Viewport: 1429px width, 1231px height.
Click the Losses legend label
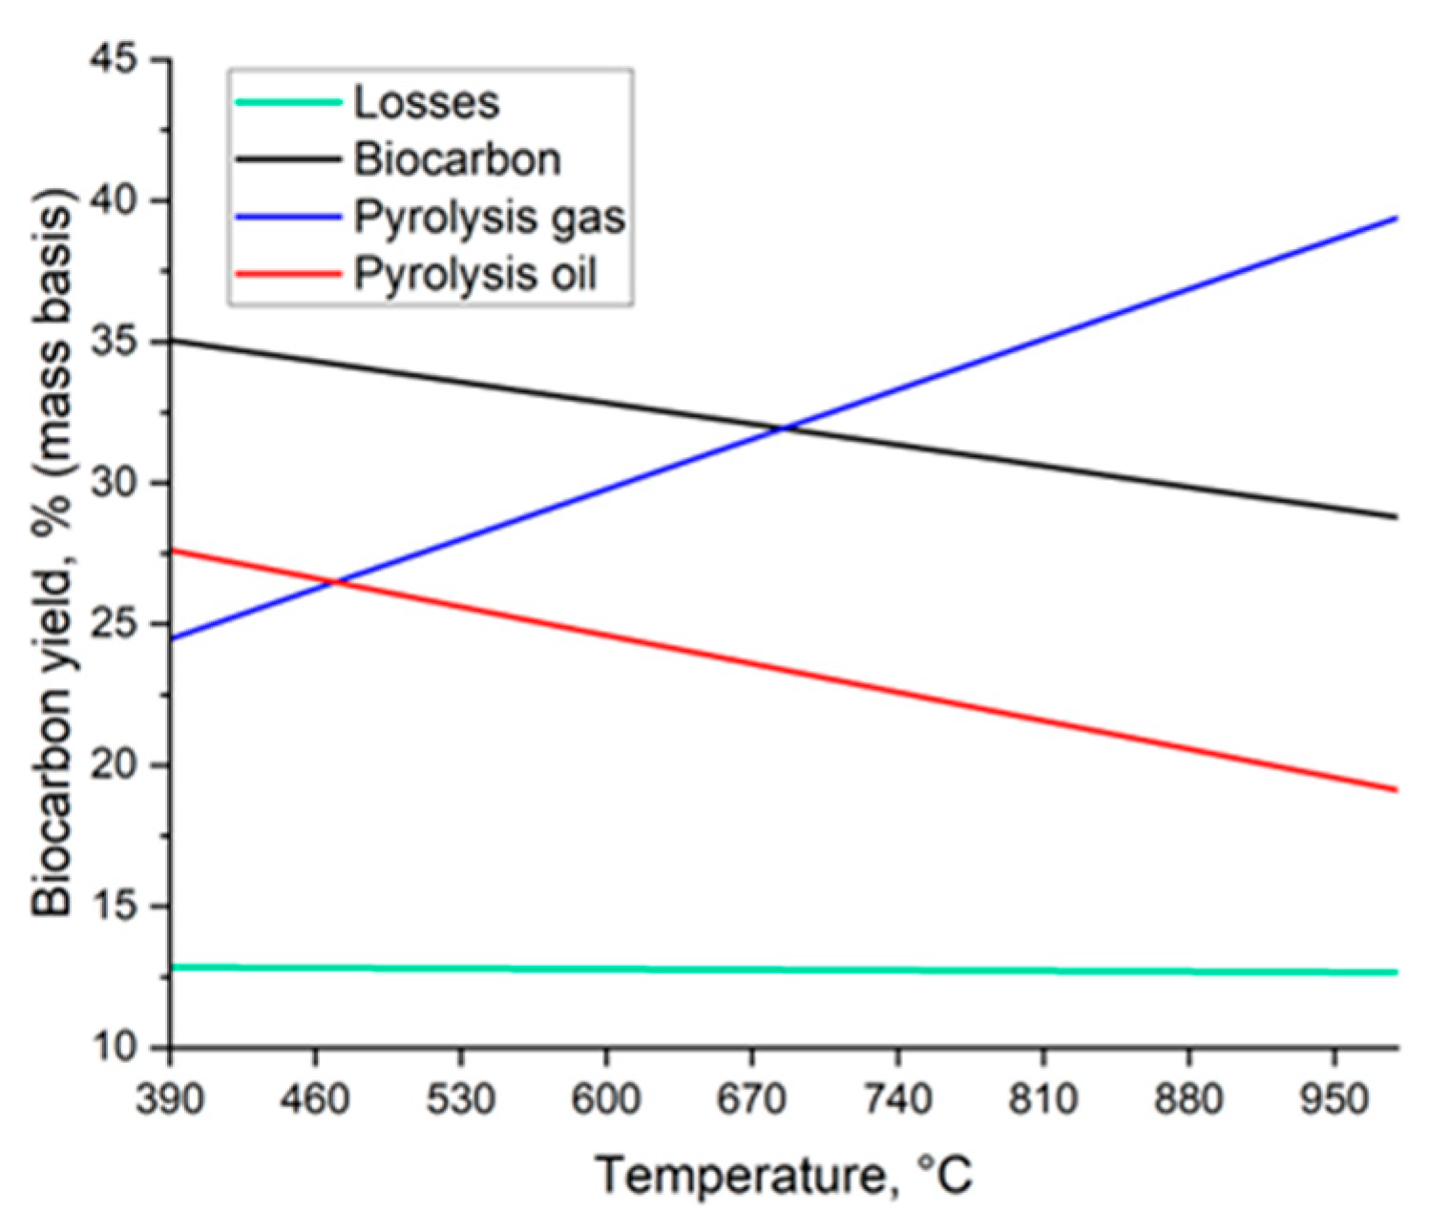pos(426,102)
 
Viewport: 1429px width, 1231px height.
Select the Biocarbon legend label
pos(457,159)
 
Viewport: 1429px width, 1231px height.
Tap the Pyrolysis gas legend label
pos(490,218)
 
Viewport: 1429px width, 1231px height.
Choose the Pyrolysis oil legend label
pos(474,275)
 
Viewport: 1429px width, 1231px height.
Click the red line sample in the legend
pos(287,275)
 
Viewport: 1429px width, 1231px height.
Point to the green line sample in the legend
pos(287,102)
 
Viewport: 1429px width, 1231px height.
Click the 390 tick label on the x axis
pos(170,1100)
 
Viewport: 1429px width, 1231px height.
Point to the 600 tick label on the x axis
pos(606,1100)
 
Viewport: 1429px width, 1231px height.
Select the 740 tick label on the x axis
pos(897,1100)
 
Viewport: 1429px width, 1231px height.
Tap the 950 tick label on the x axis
pos(1334,1100)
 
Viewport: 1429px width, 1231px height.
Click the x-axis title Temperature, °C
pos(785,1175)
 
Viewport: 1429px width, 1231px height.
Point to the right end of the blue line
pos(1397,219)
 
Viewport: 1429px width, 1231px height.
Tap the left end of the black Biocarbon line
pos(172,340)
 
